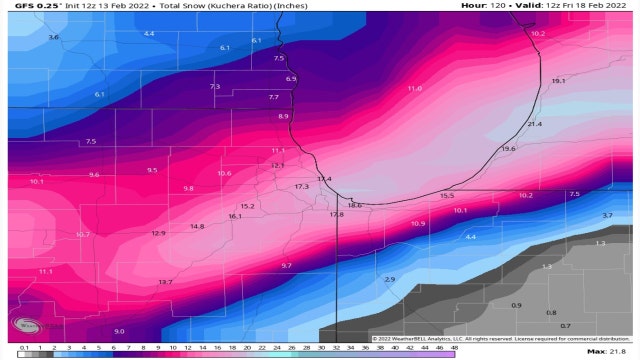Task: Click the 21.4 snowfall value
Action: (534, 124)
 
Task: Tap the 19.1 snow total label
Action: (558, 81)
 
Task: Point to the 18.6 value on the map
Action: (354, 205)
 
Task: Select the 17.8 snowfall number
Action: (336, 215)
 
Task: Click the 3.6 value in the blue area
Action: (53, 37)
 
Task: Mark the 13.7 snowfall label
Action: (165, 283)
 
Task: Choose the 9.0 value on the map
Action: (119, 331)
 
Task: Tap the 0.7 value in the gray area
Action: (565, 326)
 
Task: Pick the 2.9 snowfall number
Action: (390, 280)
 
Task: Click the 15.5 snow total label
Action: (447, 196)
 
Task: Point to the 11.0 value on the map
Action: (414, 89)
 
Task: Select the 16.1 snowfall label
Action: (235, 216)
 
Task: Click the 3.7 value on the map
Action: (606, 216)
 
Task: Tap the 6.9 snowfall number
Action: (291, 79)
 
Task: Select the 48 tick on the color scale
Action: (453, 346)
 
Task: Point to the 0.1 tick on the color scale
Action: (22, 346)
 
